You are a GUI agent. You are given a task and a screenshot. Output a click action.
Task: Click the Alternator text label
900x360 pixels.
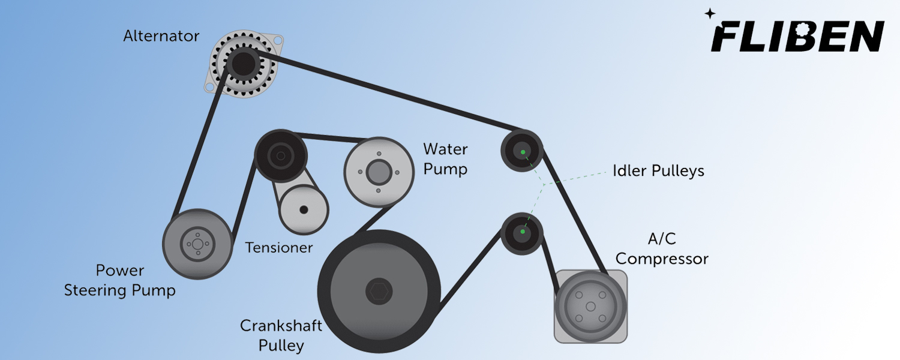pos(161,36)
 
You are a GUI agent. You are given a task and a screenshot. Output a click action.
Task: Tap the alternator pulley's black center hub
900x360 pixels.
pos(244,64)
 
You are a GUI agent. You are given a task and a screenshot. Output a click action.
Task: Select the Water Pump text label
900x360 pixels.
pos(445,159)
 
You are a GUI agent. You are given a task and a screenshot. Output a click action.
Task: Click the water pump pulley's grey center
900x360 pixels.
pos(379,172)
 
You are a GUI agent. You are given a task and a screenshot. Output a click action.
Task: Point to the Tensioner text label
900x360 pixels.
pos(279,247)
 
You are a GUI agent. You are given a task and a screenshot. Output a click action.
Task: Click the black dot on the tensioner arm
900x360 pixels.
pos(304,210)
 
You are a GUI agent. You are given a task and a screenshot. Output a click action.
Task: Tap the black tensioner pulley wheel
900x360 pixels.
pos(281,156)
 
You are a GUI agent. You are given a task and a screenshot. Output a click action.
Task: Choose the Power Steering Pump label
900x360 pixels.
pos(120,280)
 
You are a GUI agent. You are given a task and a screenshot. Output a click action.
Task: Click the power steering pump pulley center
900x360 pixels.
pos(197,244)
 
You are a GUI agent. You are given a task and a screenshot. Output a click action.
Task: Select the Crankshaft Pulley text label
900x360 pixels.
pos(281,335)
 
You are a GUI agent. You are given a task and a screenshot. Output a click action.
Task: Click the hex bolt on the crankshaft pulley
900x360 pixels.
pos(379,291)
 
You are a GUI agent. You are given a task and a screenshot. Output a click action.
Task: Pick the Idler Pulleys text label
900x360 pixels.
pos(658,171)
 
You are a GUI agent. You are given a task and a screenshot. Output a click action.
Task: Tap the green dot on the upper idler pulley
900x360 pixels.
pos(523,152)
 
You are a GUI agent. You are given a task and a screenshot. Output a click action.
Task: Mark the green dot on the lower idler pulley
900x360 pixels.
pos(523,232)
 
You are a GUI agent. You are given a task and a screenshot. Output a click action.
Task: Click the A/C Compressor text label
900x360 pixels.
pos(662,249)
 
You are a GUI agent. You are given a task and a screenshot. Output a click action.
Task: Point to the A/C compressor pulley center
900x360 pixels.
pos(590,307)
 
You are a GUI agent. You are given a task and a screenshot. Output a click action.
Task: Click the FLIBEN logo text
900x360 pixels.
pos(797,36)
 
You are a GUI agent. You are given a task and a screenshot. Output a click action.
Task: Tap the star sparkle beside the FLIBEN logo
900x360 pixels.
pos(710,14)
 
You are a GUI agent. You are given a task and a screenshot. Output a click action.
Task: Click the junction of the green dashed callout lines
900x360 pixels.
pos(544,184)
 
